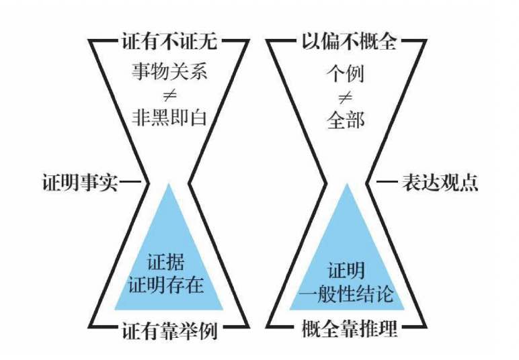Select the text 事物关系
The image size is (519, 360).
click(x=169, y=73)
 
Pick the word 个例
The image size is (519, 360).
click(x=346, y=73)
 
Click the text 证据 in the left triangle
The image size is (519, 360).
click(x=165, y=263)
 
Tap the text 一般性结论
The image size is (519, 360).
click(x=347, y=294)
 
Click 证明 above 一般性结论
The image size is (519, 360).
click(x=346, y=272)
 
